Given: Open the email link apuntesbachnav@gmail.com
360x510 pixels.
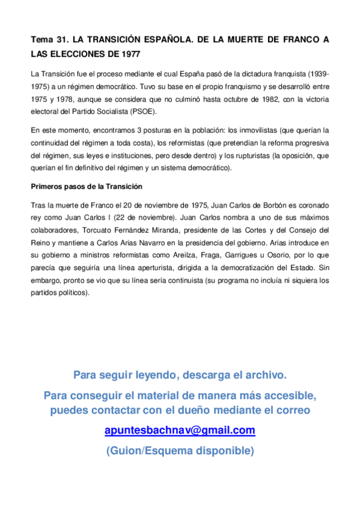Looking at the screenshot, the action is tap(180, 431).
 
